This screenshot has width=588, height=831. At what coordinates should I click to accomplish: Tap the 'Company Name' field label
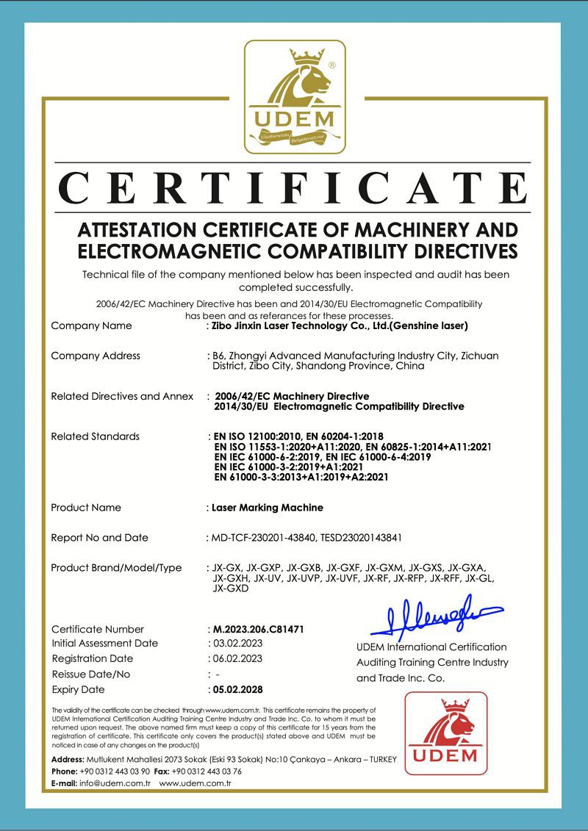click(91, 325)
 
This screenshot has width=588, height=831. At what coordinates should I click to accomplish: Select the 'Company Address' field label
click(96, 356)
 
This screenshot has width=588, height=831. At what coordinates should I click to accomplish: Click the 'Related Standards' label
click(95, 436)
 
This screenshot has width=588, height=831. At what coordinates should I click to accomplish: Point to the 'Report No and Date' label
click(99, 538)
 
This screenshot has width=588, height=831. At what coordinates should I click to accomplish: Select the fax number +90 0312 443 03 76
click(207, 771)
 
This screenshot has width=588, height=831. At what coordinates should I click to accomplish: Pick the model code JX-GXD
click(231, 589)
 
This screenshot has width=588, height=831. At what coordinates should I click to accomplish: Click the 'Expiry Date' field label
click(78, 690)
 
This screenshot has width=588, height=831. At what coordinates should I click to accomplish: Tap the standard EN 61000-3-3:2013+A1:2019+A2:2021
click(301, 477)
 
